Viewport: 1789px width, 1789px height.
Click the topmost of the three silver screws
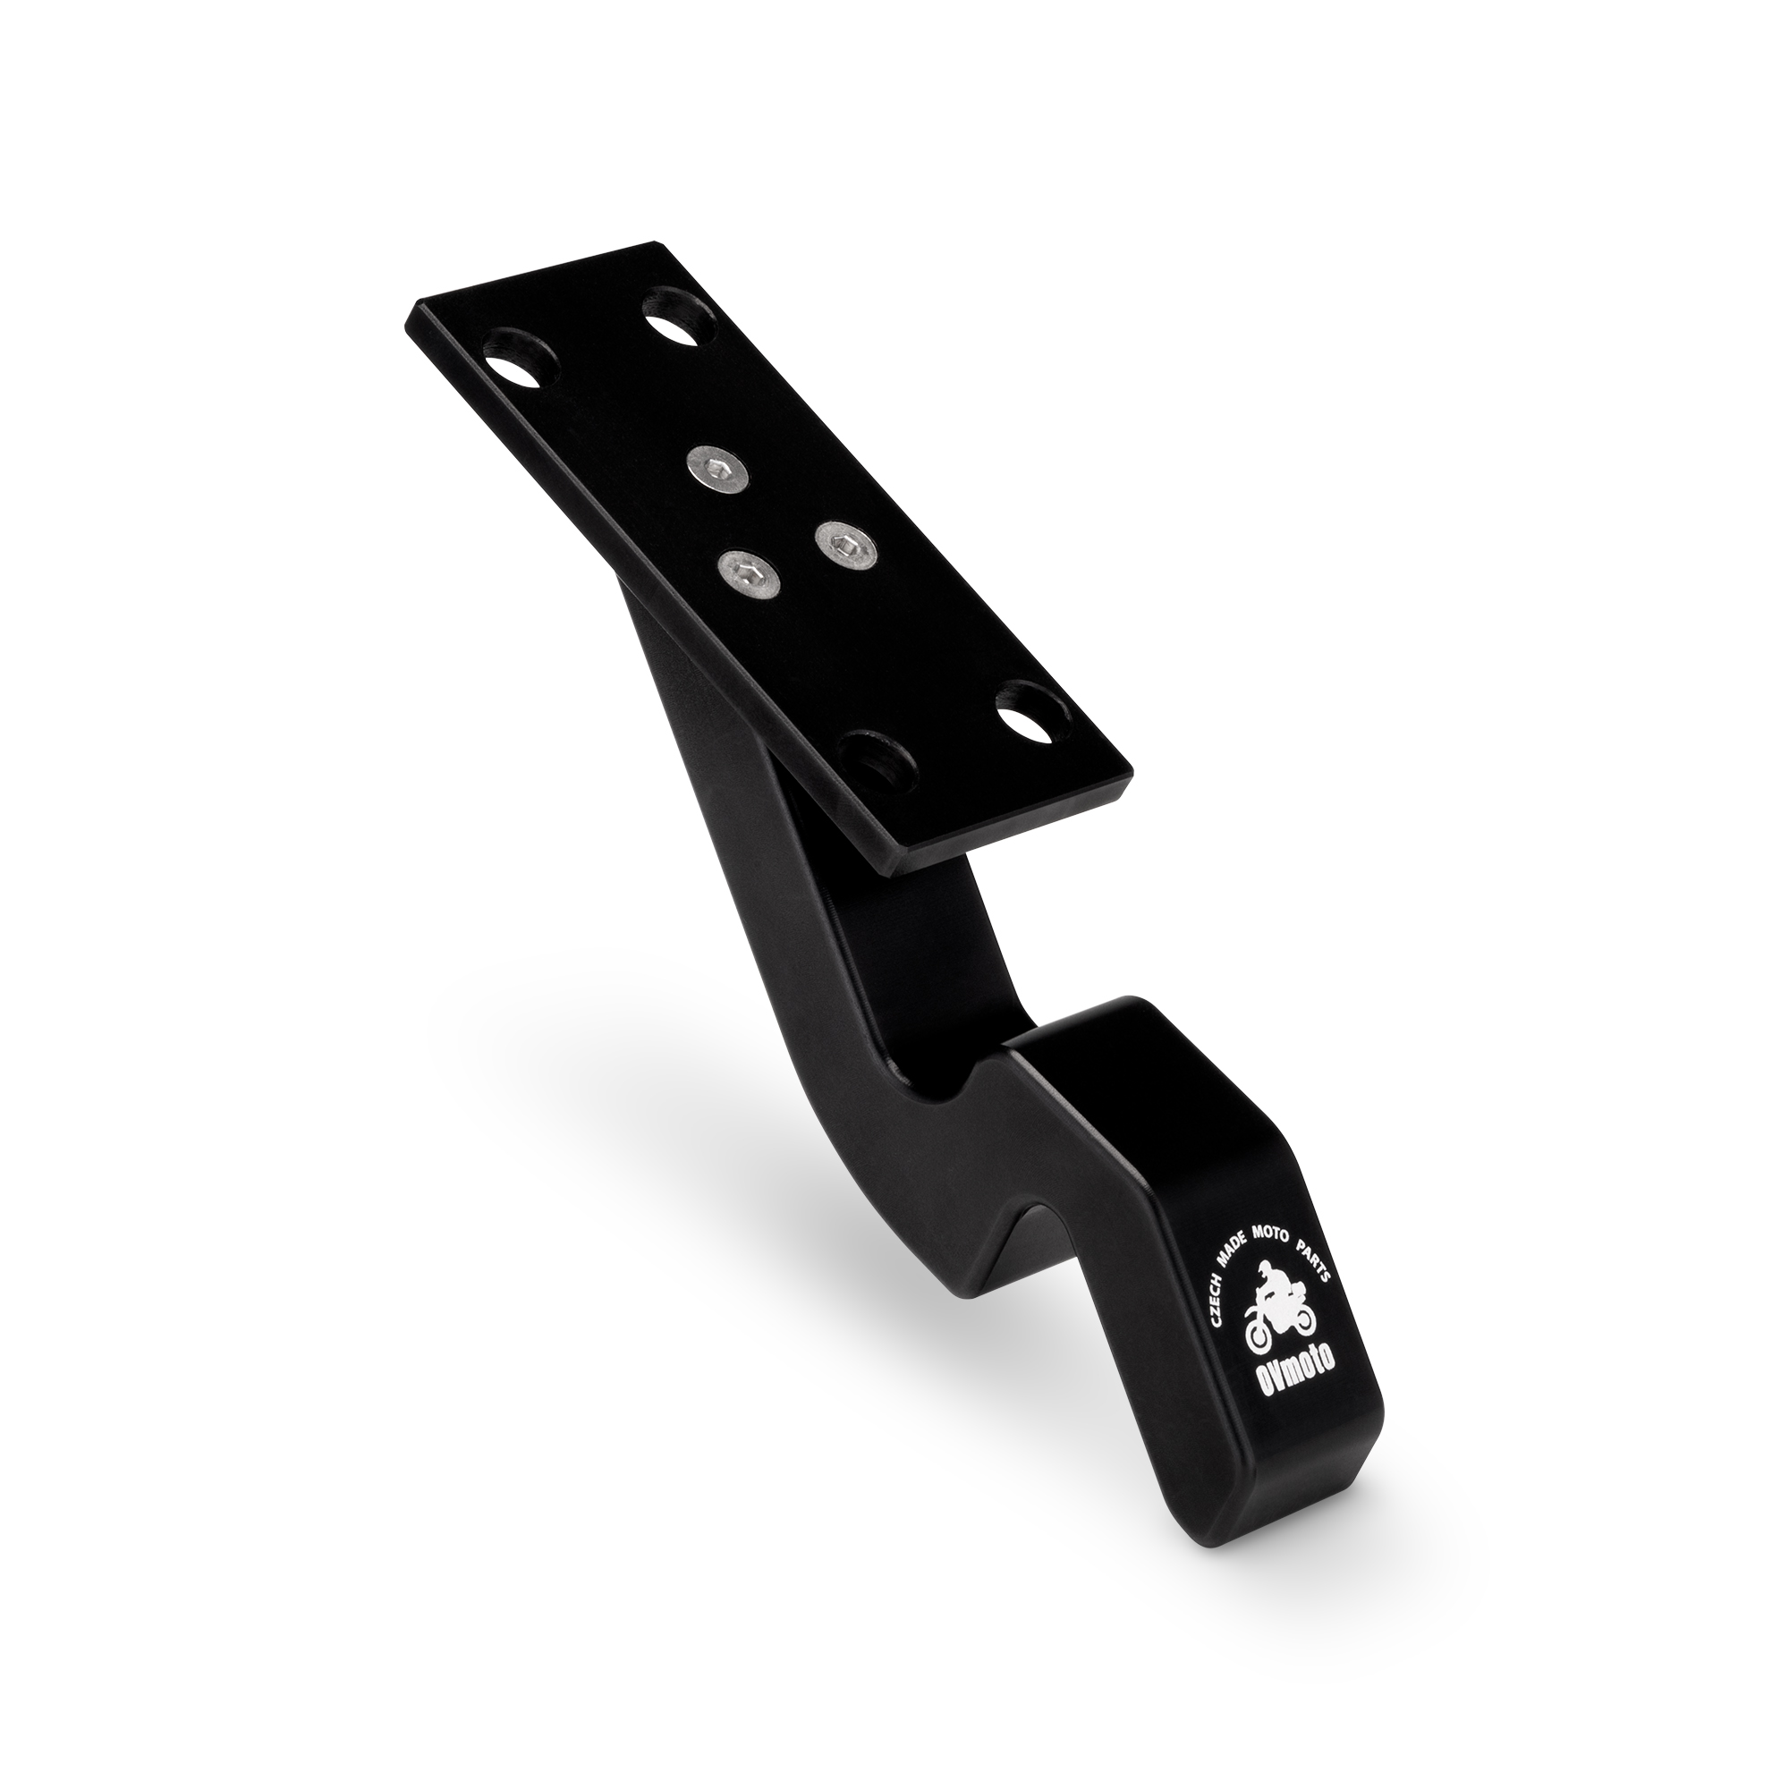718,465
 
